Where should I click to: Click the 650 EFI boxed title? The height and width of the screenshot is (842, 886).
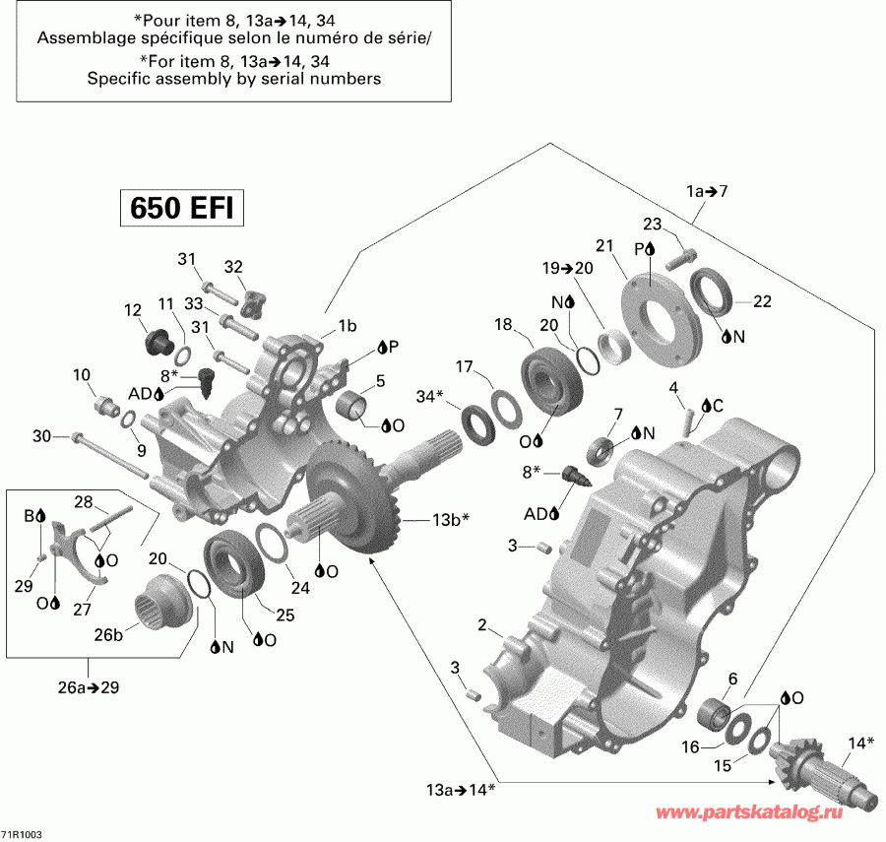pos(182,209)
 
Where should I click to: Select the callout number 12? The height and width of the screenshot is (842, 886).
pos(133,310)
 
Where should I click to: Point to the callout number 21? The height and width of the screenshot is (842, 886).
pos(603,244)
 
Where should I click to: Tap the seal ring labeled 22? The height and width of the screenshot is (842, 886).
pos(711,293)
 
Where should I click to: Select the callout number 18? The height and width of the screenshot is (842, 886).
pos(503,325)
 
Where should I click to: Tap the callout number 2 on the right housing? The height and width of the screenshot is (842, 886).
pos(482,624)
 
